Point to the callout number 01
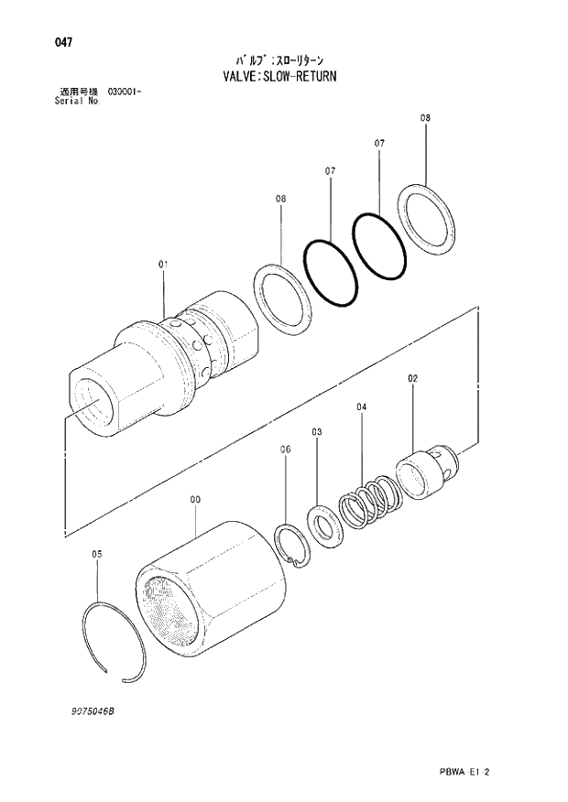coord(163,264)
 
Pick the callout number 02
coord(412,378)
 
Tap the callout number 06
coord(285,450)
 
